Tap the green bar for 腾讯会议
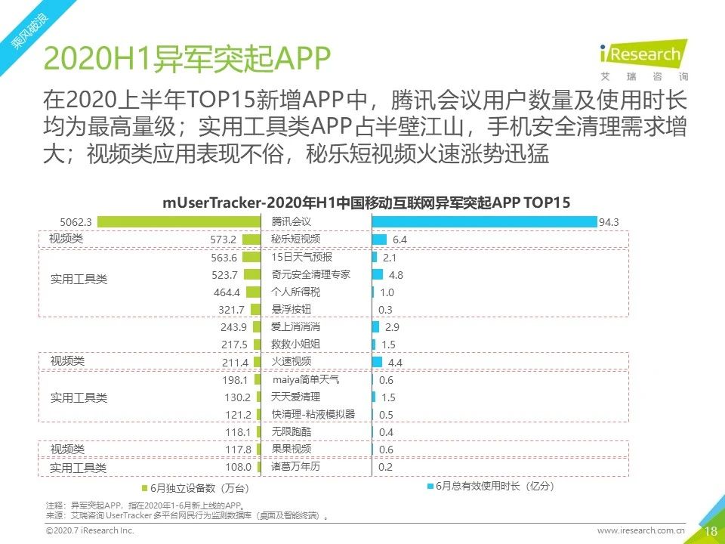coord(179,222)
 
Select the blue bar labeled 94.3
coord(483,222)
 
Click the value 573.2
coord(224,240)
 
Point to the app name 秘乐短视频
coord(296,240)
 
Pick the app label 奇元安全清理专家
coord(310,274)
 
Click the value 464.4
coord(226,292)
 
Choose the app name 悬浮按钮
coord(291,310)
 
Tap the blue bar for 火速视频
coord(378,363)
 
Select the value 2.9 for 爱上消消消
coord(392,327)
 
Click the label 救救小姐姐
coord(296,345)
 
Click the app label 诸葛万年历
coord(296,467)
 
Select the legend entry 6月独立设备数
coord(195,488)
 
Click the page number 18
coord(711,531)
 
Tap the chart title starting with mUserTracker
coord(366,202)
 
